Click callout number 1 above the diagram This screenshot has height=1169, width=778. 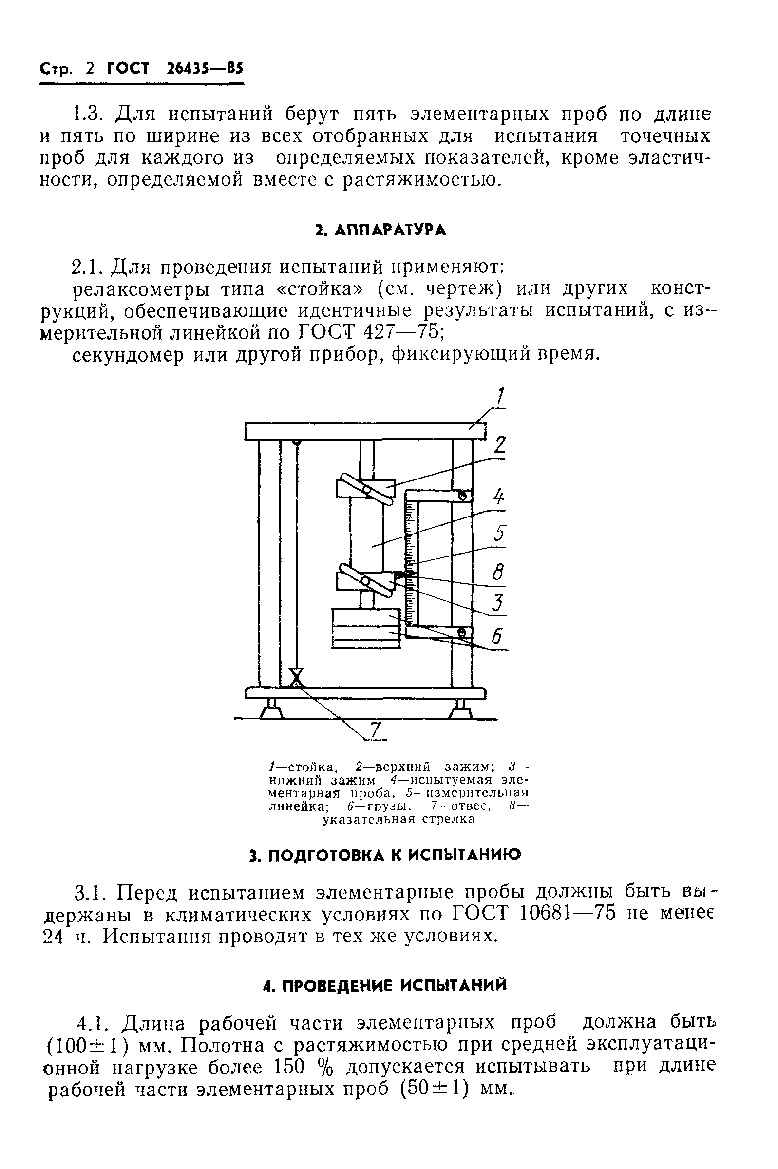click(x=500, y=398)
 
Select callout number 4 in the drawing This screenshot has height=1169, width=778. click(x=499, y=497)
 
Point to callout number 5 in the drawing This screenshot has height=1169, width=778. click(x=499, y=534)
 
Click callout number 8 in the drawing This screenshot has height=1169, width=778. click(x=498, y=573)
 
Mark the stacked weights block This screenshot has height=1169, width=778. click(x=366, y=628)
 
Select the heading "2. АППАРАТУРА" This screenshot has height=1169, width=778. click(x=381, y=230)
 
